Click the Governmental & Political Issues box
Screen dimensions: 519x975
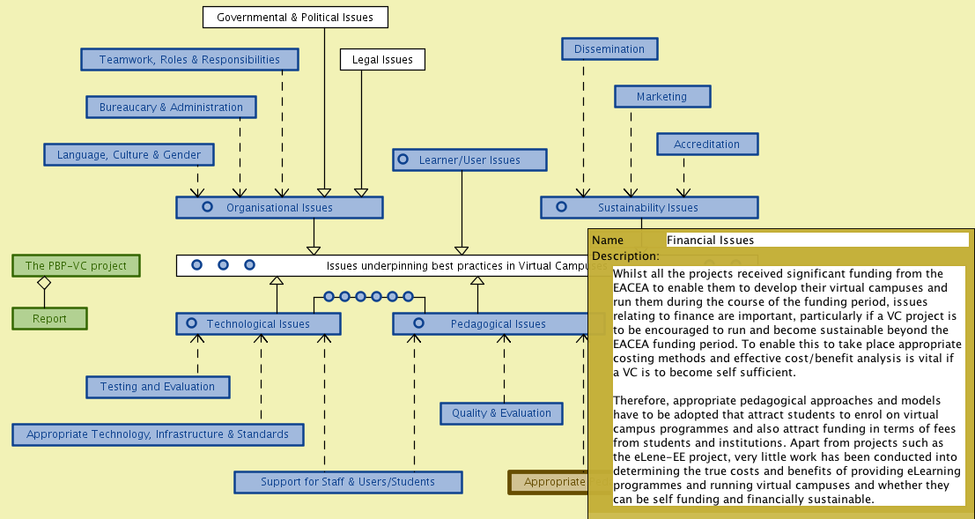coord(295,17)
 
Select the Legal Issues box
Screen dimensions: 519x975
coord(382,60)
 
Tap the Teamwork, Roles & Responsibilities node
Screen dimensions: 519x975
coord(189,60)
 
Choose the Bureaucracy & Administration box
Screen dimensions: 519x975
coord(171,108)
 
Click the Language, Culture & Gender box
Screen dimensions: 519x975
coord(129,155)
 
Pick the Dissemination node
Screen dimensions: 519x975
coord(609,49)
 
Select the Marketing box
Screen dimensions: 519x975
coord(661,96)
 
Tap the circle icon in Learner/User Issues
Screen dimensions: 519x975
coord(403,159)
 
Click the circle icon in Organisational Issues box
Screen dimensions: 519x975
coord(208,207)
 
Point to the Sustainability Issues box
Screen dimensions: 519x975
coord(648,208)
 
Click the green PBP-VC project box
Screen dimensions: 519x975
coord(76,265)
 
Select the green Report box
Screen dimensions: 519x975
coord(49,319)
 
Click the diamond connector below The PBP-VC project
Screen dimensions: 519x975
coord(44,283)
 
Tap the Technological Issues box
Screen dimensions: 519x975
coord(258,324)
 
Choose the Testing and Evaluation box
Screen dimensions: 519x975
coord(158,387)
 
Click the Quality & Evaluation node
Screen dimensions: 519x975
coord(501,412)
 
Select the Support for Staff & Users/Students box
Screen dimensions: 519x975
coord(348,482)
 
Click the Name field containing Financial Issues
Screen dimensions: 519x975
coord(816,240)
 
